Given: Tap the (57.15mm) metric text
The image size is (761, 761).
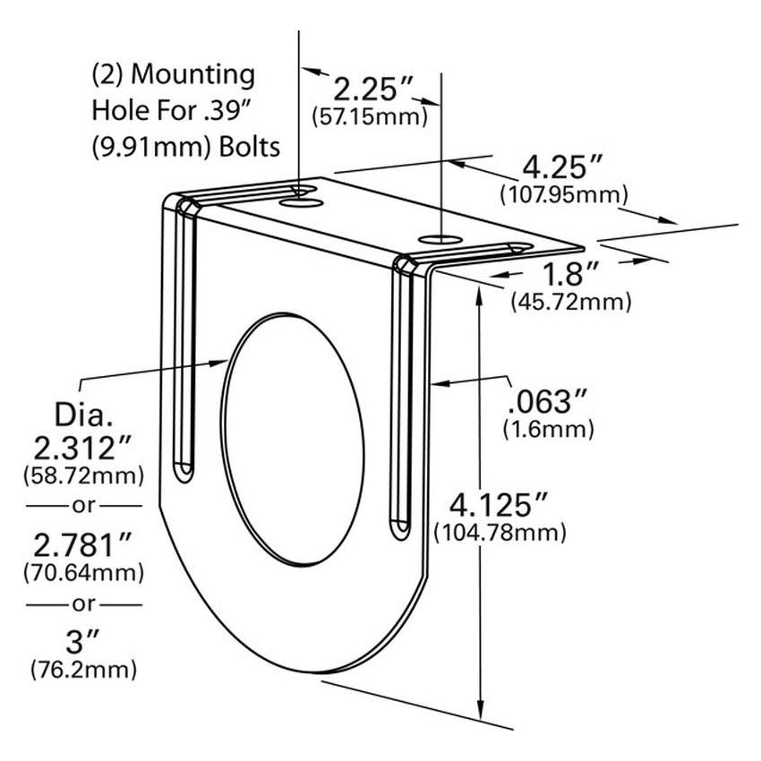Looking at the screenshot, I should [367, 116].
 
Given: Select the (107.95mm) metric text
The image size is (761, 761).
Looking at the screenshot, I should [564, 193].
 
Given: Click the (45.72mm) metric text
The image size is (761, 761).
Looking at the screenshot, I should [570, 303].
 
